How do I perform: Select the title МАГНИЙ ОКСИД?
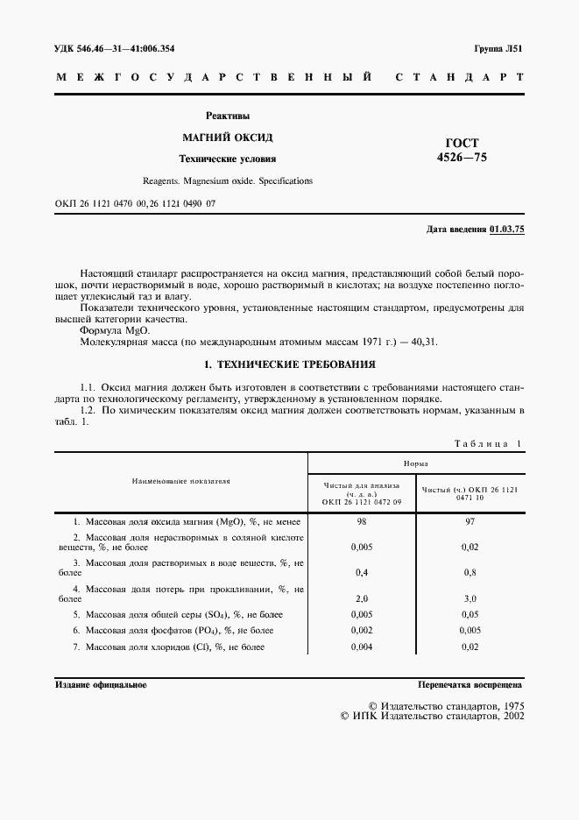click(x=227, y=138)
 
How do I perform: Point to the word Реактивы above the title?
click(x=227, y=116)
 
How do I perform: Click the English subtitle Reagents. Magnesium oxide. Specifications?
click(x=227, y=181)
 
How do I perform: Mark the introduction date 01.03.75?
click(x=505, y=229)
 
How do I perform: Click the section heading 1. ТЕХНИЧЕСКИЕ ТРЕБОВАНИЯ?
click(x=289, y=364)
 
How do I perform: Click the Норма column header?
click(x=416, y=464)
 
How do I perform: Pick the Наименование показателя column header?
click(x=180, y=481)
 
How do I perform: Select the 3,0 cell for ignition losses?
click(x=470, y=598)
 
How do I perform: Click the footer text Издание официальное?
click(x=101, y=685)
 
